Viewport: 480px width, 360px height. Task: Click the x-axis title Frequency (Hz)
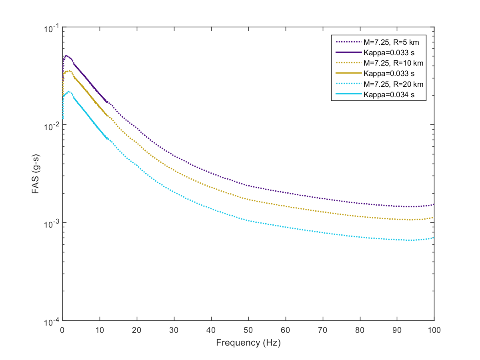tap(248, 343)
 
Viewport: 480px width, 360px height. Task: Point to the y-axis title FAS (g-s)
tap(36, 174)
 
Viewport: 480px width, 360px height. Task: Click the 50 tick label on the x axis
tap(248, 330)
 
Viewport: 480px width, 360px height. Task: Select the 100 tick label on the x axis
tap(434, 330)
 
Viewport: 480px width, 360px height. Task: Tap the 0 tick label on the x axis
tap(62, 330)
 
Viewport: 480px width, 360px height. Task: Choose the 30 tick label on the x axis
tap(174, 330)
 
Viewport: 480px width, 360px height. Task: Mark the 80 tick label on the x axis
tap(360, 330)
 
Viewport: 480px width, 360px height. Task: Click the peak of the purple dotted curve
tap(67, 56)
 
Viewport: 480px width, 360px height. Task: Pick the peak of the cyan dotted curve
tap(69, 91)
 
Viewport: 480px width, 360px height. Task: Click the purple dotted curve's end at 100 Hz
tap(434, 204)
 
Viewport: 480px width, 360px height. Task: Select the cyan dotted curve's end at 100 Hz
tap(434, 238)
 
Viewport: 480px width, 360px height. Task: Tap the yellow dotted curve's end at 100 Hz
tap(434, 218)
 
